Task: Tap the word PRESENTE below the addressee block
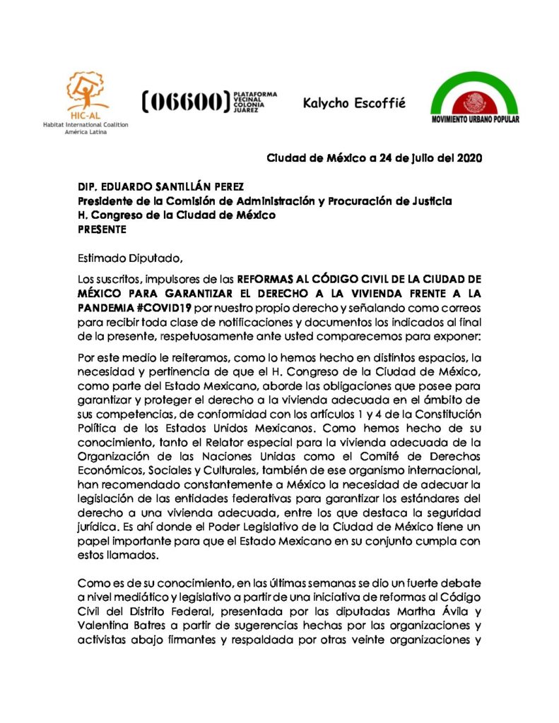(x=102, y=229)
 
